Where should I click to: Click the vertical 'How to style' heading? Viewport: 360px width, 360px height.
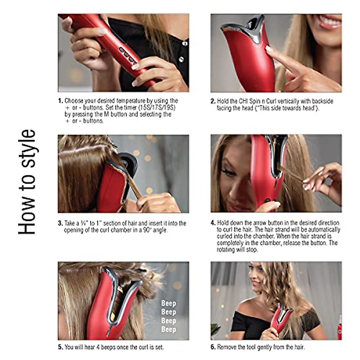click(27, 182)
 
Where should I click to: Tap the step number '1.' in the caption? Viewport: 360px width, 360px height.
click(60, 101)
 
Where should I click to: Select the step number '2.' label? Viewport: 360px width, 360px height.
click(213, 101)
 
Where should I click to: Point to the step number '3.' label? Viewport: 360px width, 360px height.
click(60, 223)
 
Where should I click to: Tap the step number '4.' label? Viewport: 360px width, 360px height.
click(213, 223)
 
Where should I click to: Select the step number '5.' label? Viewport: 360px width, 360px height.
click(60, 347)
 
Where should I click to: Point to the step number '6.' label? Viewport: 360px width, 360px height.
click(213, 347)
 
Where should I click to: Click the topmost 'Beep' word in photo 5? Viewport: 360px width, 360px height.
click(168, 303)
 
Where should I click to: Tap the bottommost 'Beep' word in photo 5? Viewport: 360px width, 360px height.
click(168, 329)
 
